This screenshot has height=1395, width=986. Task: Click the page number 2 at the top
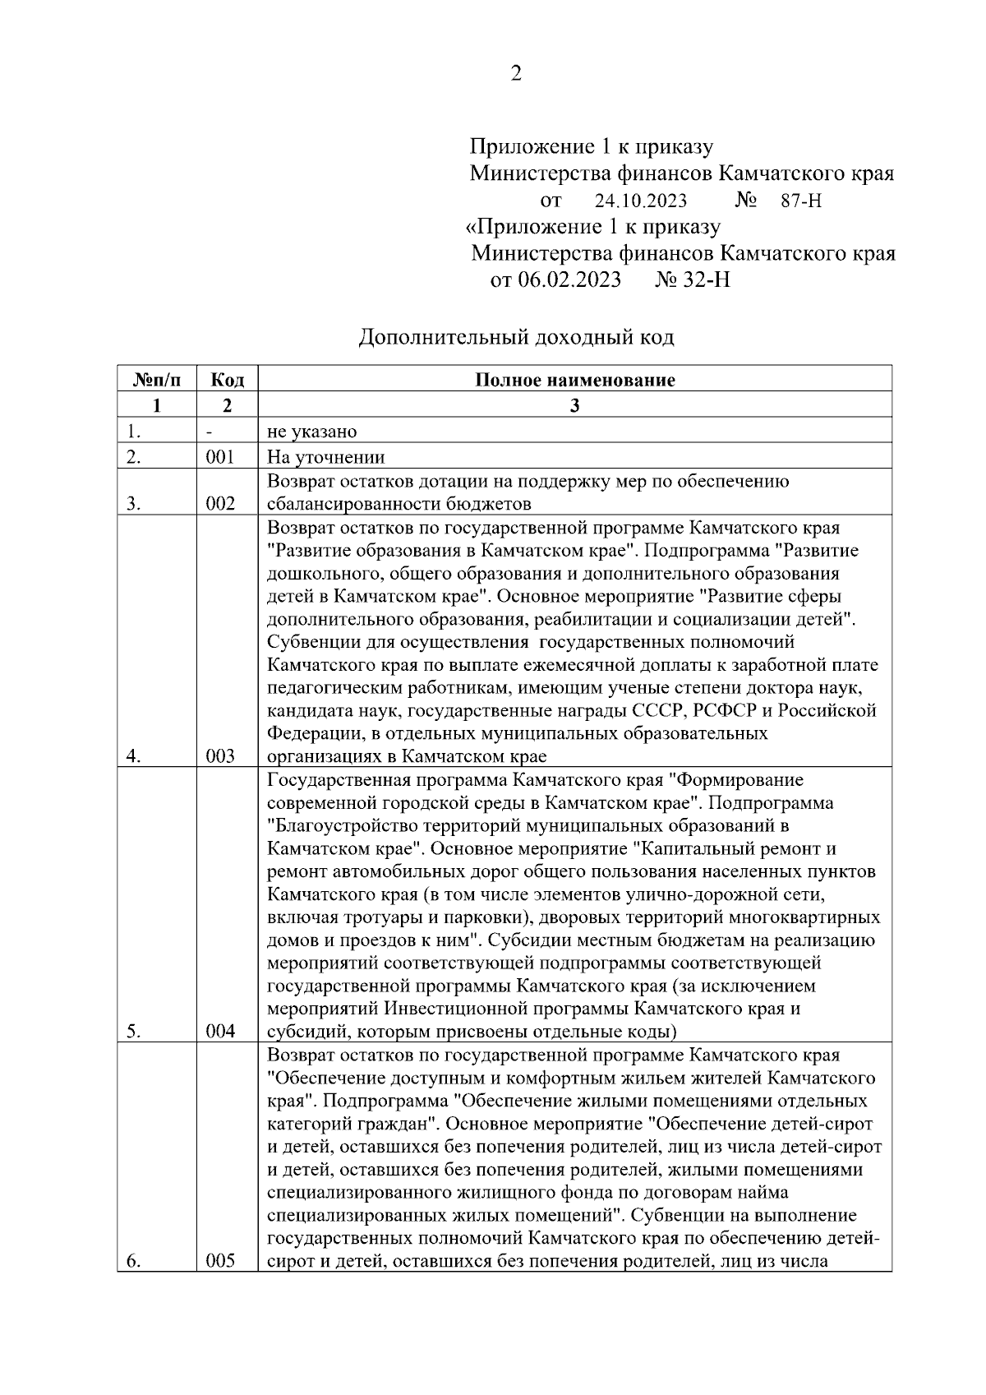click(x=516, y=74)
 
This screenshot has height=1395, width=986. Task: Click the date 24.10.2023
click(x=641, y=201)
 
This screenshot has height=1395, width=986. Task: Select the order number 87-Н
click(x=801, y=201)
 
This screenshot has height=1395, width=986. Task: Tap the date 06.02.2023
click(x=568, y=280)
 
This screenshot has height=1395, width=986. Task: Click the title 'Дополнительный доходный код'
click(x=516, y=337)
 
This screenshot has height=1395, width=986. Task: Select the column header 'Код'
click(x=228, y=380)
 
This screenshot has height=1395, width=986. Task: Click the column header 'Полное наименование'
click(x=574, y=380)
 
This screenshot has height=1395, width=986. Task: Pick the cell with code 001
click(x=220, y=457)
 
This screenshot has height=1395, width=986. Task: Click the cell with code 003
click(x=220, y=756)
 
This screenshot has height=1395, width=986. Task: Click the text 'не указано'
click(x=312, y=432)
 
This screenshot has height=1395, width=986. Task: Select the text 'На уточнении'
click(x=326, y=457)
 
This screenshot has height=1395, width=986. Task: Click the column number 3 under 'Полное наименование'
click(x=574, y=405)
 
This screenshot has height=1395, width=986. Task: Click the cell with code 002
click(x=220, y=504)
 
